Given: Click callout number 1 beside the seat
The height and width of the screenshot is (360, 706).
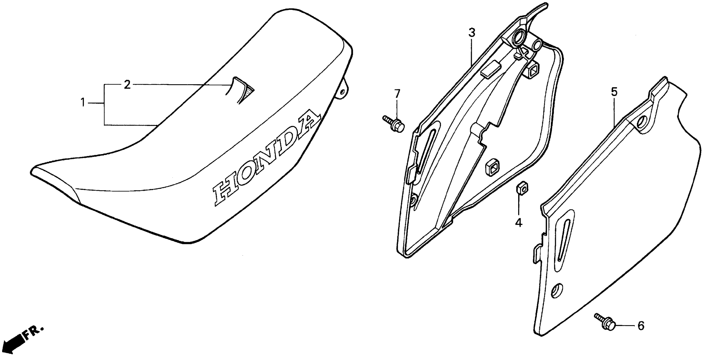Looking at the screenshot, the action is [x=82, y=103].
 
